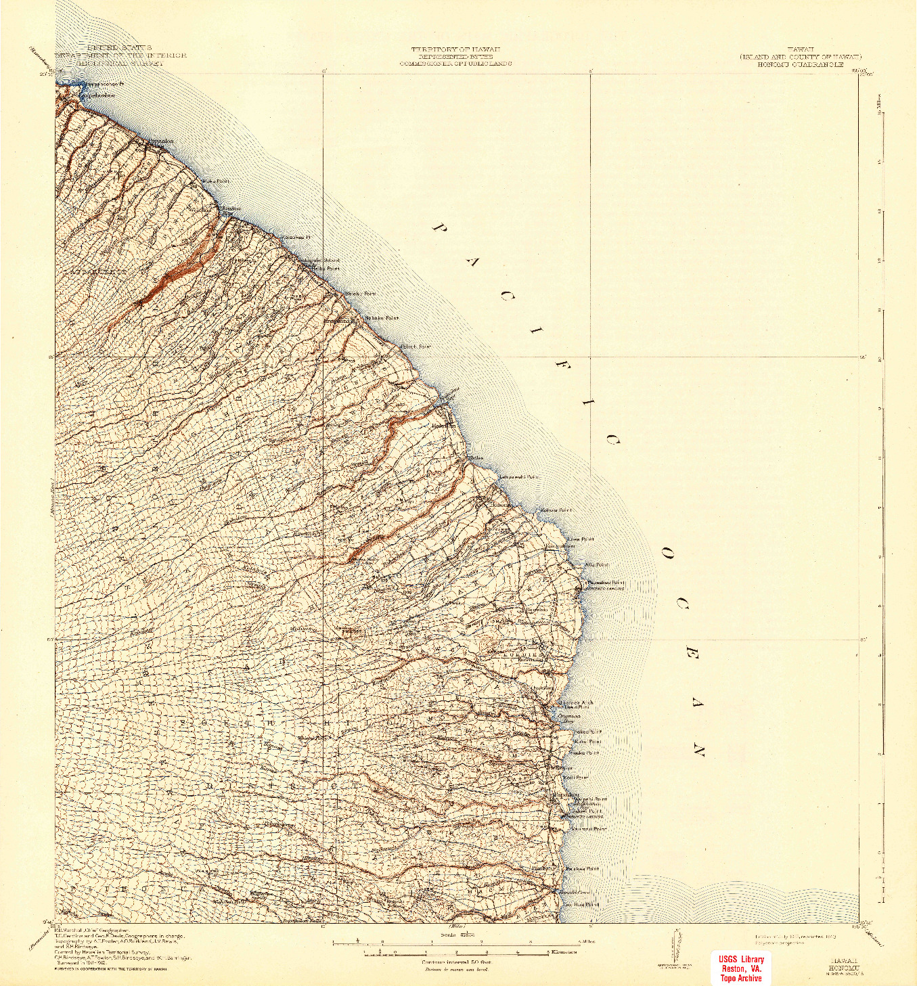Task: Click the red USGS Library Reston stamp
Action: pyautogui.click(x=742, y=968)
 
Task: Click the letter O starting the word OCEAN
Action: pyautogui.click(x=667, y=554)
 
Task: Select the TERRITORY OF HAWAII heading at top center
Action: pyautogui.click(x=455, y=50)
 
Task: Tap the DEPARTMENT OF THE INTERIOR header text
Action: pyautogui.click(x=120, y=55)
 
